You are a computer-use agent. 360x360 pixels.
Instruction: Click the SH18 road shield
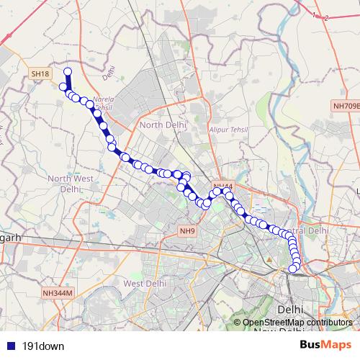point(39,73)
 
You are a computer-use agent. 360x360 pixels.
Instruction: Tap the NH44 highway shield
point(222,187)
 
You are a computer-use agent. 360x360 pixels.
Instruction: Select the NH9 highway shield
point(187,230)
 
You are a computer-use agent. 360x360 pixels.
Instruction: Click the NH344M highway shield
point(58,293)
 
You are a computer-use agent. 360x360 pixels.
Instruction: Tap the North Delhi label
point(163,125)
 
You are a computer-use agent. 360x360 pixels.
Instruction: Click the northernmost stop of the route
point(68,71)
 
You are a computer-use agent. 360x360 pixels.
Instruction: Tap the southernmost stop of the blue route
point(293,269)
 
